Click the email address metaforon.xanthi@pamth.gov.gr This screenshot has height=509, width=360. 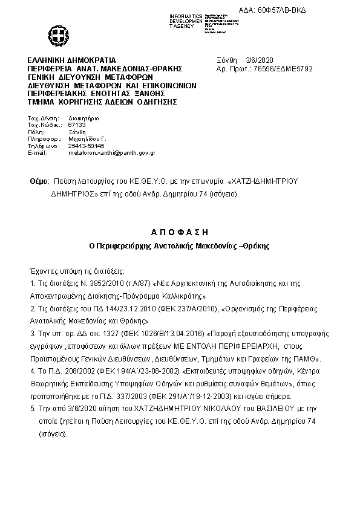(x=112, y=153)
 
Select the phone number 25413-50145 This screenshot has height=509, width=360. (x=87, y=146)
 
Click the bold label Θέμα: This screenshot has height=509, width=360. (x=40, y=181)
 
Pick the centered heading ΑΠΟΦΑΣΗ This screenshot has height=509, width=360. (x=179, y=232)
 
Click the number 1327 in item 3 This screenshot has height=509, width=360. (x=105, y=333)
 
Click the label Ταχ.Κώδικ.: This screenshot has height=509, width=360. (x=44, y=124)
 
